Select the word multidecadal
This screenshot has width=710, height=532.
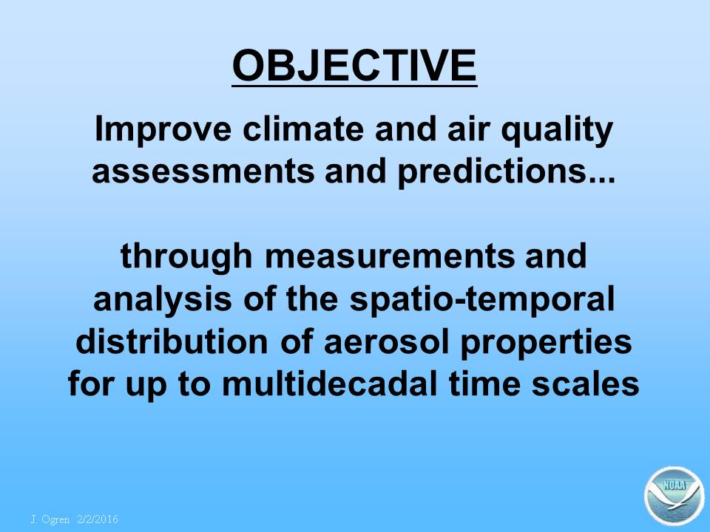330,383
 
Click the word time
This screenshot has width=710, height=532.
484,383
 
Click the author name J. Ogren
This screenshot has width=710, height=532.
50,519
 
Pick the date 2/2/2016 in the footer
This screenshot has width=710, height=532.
98,519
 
